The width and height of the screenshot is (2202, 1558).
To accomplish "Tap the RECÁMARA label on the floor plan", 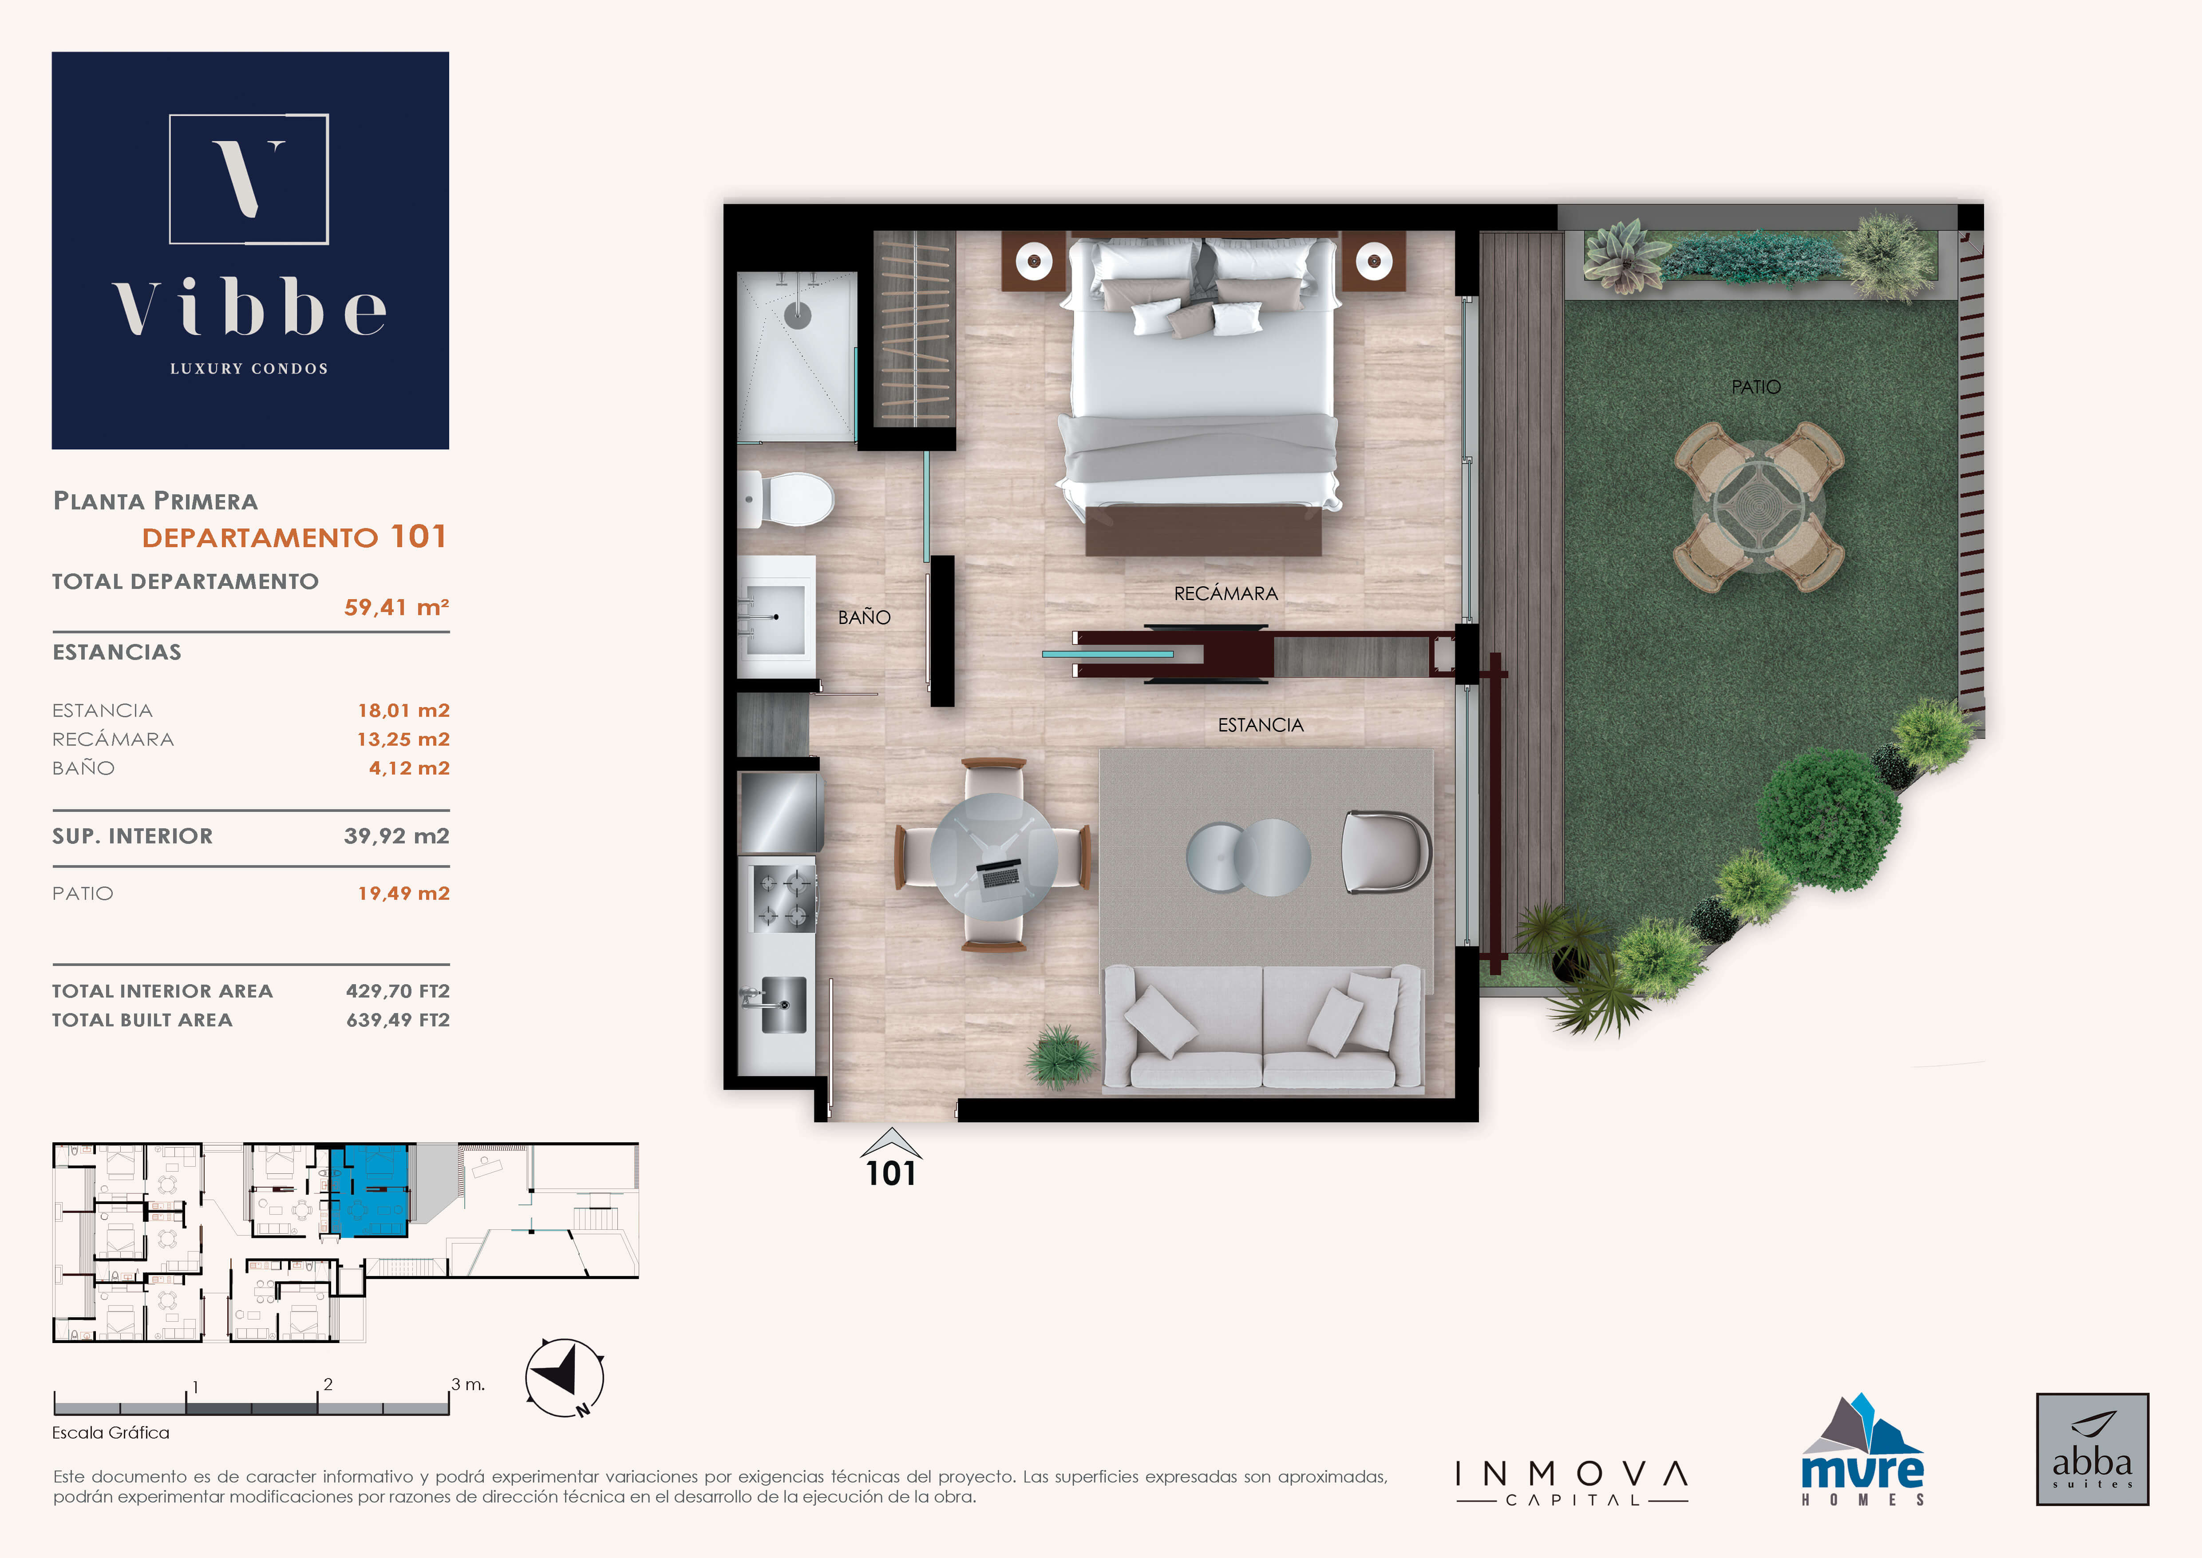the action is (1226, 594).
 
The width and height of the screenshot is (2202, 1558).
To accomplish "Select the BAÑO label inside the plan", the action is (864, 618).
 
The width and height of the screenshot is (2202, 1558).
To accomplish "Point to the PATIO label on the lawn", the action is (1756, 387).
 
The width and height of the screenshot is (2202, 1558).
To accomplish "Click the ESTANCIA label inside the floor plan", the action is (1260, 725).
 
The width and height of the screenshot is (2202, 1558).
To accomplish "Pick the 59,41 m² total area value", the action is (396, 607).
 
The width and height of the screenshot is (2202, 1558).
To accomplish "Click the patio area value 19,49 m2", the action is (404, 893).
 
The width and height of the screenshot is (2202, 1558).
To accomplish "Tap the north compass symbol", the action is (565, 1378).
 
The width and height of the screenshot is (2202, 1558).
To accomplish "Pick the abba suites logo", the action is (2092, 1449).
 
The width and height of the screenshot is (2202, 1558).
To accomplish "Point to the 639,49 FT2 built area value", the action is (398, 1020).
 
